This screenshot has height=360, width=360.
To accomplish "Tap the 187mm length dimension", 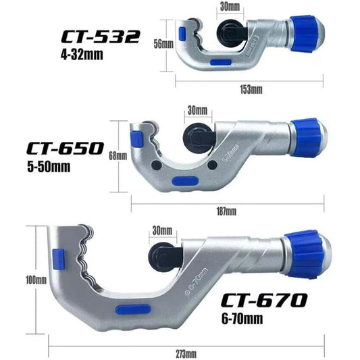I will point(226,211).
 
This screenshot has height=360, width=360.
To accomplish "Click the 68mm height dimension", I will point(117,155).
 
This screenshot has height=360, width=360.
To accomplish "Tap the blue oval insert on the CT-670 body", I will point(132,309).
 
